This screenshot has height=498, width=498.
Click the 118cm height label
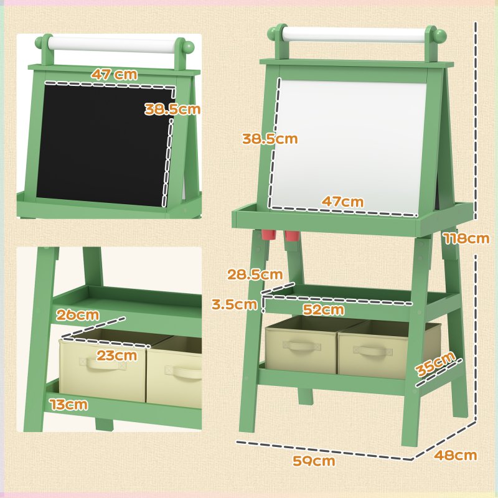466,238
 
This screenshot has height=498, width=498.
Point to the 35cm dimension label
436,364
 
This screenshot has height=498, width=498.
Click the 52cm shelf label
324,309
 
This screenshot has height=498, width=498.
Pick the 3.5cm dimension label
233,304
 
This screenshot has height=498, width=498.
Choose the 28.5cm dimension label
255,274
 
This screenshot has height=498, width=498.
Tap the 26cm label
77,314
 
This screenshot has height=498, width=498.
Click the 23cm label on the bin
116,355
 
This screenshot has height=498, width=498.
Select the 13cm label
69,405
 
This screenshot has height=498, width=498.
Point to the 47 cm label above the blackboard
113,73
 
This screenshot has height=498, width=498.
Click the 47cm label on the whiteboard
342,202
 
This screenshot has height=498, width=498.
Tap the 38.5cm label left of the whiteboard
270,139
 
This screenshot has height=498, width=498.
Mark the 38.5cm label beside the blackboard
172,110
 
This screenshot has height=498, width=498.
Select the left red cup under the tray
268,235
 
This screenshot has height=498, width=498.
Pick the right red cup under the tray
292,237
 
